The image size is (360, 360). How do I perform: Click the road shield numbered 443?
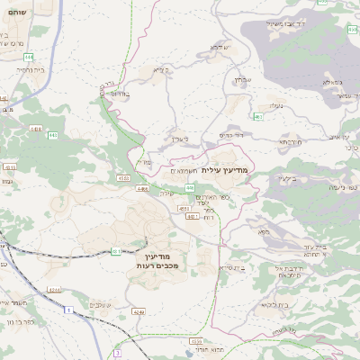pyautogui.click(x=53, y=135)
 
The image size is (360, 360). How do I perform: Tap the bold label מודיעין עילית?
pyautogui.click(x=229, y=169)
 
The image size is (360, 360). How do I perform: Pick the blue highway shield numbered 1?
pyautogui.click(x=67, y=310)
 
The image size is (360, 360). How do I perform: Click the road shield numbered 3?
pyautogui.click(x=116, y=354)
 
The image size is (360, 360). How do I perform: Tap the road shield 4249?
pyautogui.click(x=138, y=311)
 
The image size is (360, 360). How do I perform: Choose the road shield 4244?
pyautogui.click(x=54, y=289)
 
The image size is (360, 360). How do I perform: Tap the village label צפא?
pyautogui.click(x=263, y=232)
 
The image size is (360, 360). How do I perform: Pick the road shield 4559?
pyautogui.click(x=195, y=342)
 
